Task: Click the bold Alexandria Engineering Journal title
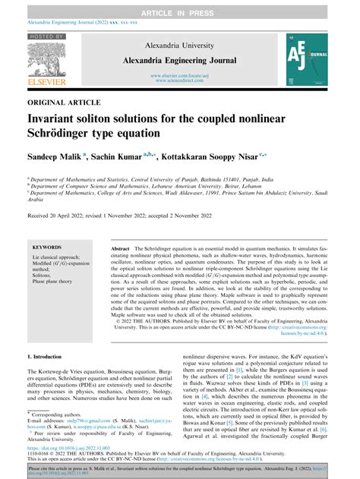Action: [x=179, y=60]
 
